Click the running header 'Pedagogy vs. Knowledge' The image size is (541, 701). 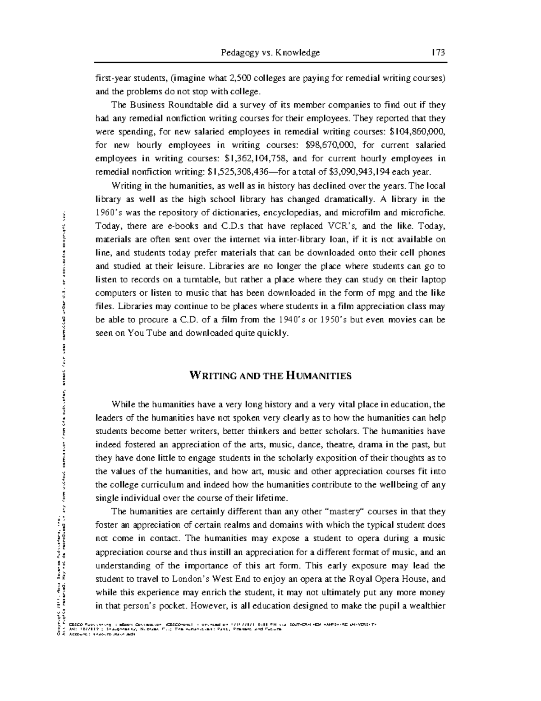(270, 53)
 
